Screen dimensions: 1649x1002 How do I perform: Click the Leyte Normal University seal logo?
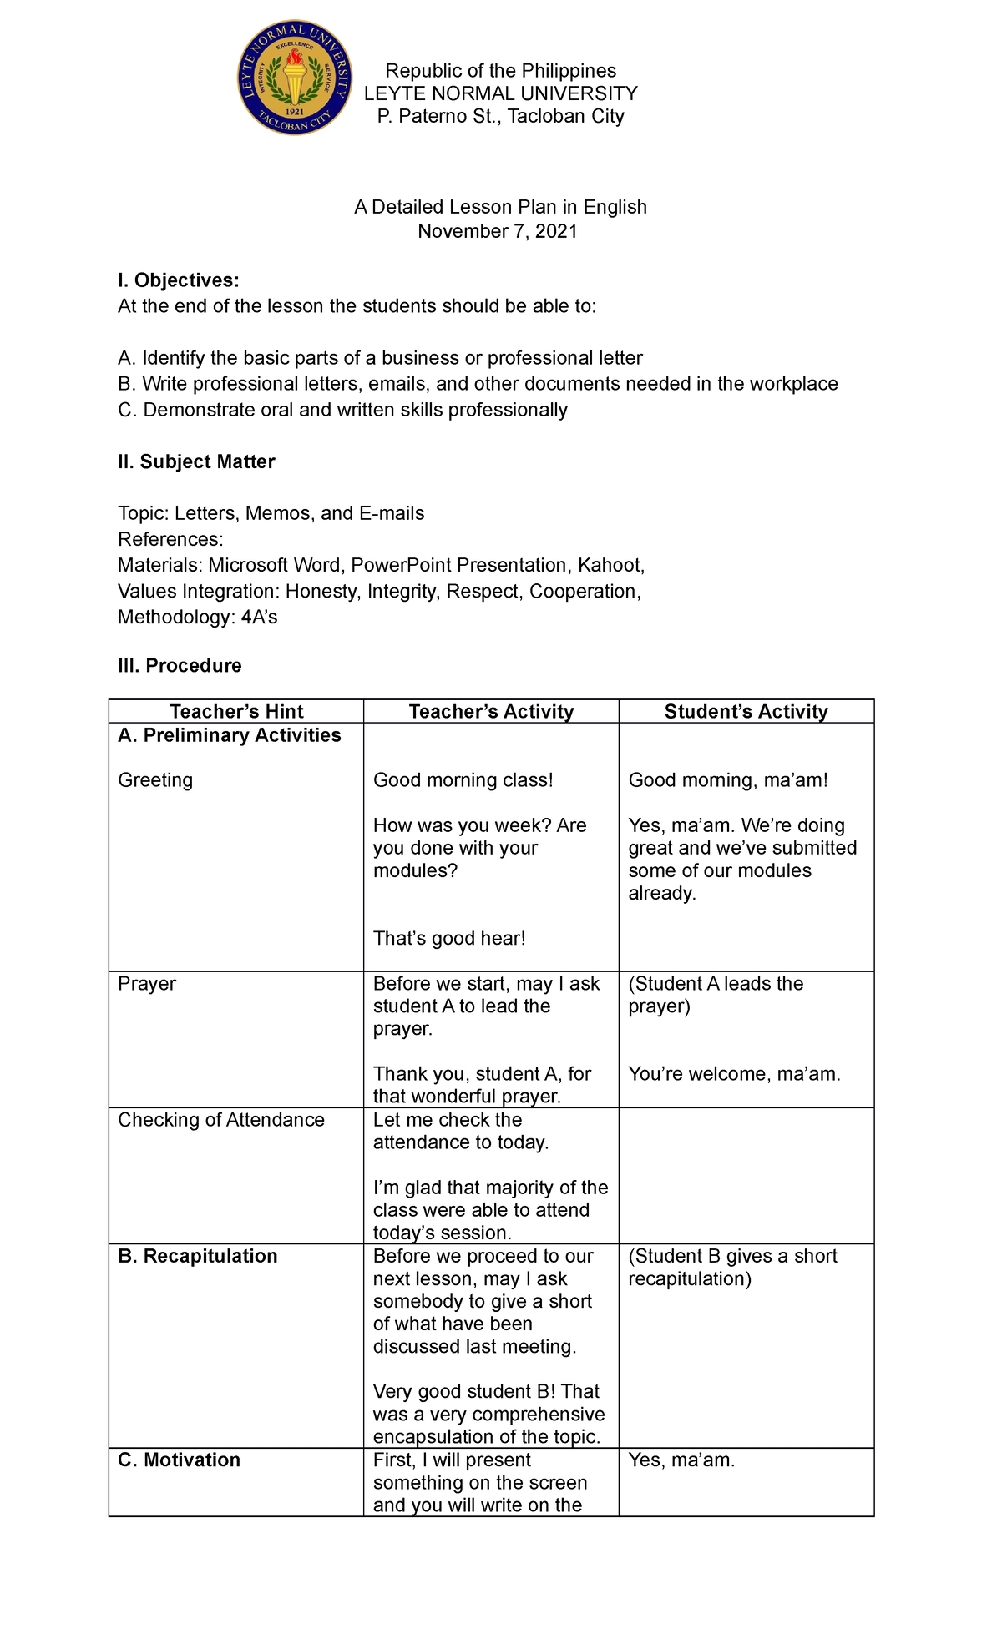(295, 79)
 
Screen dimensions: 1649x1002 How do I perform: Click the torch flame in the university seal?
(295, 58)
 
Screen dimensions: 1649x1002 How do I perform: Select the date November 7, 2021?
(498, 231)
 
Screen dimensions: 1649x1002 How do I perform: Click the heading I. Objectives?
(179, 280)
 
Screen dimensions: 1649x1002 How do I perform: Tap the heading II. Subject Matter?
(196, 462)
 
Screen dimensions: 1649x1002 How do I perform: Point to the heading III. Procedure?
(180, 666)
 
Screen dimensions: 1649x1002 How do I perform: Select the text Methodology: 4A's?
(198, 618)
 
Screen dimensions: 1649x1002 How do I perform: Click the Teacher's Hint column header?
(236, 712)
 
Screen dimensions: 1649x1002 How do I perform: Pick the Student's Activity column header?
(746, 712)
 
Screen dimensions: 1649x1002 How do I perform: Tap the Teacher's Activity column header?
(491, 712)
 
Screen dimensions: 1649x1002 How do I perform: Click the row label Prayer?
(147, 984)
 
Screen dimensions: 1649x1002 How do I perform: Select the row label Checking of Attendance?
(221, 1120)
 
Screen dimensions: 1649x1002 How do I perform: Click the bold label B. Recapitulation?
(198, 1257)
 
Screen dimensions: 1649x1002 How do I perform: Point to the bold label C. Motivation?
(180, 1460)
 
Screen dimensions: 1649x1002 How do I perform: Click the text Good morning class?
(463, 780)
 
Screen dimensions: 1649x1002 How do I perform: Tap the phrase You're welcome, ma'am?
(734, 1074)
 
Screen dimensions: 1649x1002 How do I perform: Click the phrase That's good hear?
(449, 939)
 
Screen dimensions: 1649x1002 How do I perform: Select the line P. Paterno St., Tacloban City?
(500, 117)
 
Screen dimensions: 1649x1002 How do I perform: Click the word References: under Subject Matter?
(170, 540)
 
